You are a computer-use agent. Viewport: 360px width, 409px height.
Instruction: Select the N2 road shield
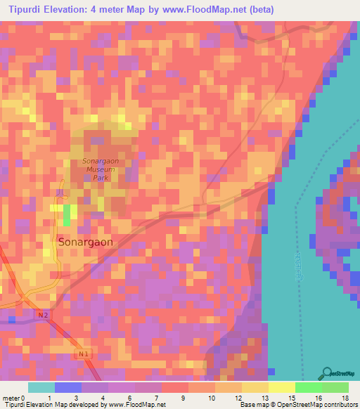pyautogui.click(x=43, y=316)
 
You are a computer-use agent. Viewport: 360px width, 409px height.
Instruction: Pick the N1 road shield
pyautogui.click(x=83, y=354)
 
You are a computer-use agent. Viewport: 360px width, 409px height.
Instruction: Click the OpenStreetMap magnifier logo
pyautogui.click(x=328, y=374)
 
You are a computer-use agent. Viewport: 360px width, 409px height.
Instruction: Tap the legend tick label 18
pyautogui.click(x=345, y=398)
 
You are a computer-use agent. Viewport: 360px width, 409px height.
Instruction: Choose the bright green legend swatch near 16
pyautogui.click(x=308, y=387)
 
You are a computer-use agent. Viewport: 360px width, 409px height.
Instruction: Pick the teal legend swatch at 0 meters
pyautogui.click(x=41, y=387)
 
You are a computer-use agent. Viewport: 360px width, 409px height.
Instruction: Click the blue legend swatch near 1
pyautogui.click(x=67, y=387)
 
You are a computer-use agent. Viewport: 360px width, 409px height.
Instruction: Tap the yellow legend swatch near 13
pyautogui.click(x=255, y=387)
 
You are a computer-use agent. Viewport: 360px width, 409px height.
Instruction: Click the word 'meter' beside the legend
pyautogui.click(x=11, y=398)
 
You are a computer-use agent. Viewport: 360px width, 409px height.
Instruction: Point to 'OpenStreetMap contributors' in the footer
pyautogui.click(x=318, y=405)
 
